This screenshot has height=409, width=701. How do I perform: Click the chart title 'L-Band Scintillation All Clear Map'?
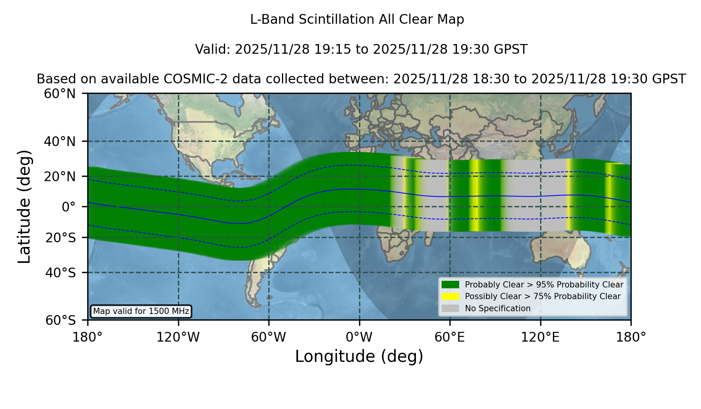coord(357,19)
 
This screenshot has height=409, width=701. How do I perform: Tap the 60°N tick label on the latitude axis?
coord(60,94)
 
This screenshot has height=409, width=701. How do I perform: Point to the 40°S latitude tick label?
coord(60,273)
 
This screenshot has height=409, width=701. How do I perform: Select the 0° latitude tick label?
coord(69,207)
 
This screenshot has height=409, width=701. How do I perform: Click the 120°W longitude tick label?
coord(178,337)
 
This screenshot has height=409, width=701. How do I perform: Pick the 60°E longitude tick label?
coord(450,337)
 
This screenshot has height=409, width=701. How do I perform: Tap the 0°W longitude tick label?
coord(359,337)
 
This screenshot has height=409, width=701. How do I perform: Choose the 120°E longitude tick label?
coord(540,337)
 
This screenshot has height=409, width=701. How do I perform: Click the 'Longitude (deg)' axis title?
coord(359,356)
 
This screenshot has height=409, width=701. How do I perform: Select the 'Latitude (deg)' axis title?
coord(25,206)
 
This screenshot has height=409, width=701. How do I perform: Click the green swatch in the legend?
coord(450,285)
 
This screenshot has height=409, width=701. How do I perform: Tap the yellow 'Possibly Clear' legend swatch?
coord(450,296)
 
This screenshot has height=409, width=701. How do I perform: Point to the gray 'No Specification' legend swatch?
coord(450,309)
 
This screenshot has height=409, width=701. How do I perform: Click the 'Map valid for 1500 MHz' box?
coord(141,311)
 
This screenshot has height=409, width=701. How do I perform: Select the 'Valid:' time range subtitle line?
coord(361,49)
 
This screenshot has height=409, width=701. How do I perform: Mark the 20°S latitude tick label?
coord(60,238)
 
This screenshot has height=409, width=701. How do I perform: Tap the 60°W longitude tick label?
coord(268,337)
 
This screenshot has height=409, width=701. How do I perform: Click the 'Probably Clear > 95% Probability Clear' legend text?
coord(544,285)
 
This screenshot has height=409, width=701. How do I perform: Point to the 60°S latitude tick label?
coord(60,320)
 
